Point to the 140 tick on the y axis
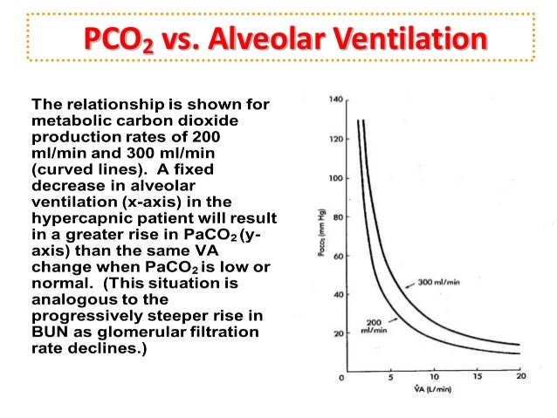335,99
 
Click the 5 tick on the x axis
392,377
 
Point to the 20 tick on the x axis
520,377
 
